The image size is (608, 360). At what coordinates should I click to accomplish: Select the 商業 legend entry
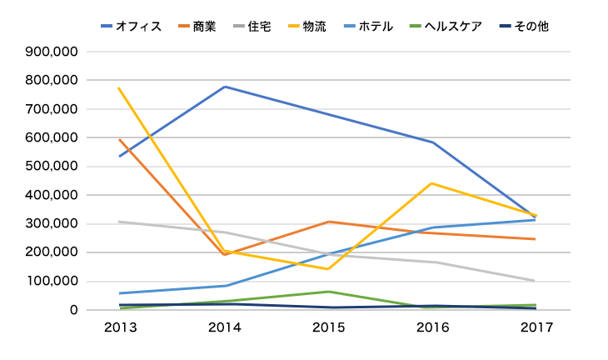pos(197,27)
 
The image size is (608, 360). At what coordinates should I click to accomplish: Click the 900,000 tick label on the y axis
pos(52,52)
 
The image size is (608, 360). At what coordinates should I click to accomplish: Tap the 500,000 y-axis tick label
pos(52,166)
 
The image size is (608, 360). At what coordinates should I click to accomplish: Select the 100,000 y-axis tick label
pos(52,281)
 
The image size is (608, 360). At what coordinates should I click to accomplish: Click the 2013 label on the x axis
pos(121,327)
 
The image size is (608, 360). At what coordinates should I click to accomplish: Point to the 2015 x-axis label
pos(328,327)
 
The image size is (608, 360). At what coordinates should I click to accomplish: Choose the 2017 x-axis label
pos(536,327)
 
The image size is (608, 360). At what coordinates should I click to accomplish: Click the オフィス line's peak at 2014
pos(225,87)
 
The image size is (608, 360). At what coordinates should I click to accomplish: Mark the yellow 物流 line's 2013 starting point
pos(120,88)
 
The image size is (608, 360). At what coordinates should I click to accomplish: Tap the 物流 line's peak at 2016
pos(432,183)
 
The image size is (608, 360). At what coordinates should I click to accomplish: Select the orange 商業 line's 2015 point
pos(328,222)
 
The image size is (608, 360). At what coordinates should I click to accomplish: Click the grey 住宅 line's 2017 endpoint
pos(535,281)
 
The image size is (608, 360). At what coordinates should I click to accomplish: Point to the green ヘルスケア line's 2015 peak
pos(328,292)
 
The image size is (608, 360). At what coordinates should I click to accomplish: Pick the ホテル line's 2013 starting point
pos(121,293)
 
